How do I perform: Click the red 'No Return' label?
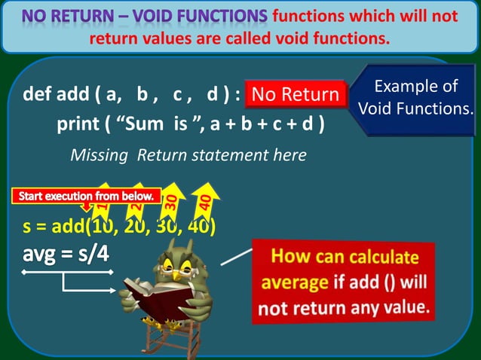click(296, 95)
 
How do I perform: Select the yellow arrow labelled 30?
click(172, 199)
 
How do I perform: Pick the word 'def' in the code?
click(39, 96)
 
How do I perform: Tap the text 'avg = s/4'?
click(66, 252)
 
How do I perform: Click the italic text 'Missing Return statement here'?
click(188, 155)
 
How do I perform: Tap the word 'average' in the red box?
click(293, 283)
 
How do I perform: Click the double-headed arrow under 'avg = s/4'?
click(68, 271)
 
